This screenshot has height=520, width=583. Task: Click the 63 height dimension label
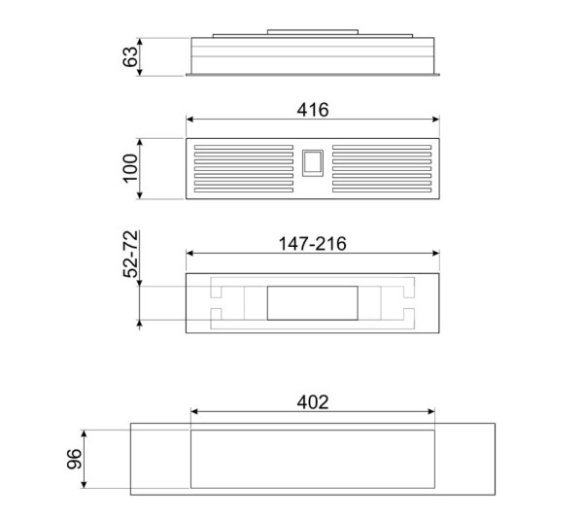(129, 56)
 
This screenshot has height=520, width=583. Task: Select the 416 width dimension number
(312, 110)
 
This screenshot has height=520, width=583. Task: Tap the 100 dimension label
(129, 169)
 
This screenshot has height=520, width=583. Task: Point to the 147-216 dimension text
(312, 243)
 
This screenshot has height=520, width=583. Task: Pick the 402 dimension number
(312, 401)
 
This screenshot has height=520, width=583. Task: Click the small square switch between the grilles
(311, 163)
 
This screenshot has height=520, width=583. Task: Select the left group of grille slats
(243, 169)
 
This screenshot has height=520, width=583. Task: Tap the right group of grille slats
(381, 169)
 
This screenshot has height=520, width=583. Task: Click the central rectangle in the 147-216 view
(312, 303)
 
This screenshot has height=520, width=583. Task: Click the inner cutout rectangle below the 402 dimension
(312, 459)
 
